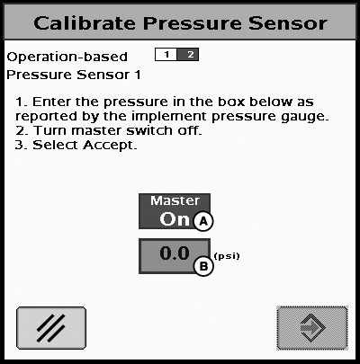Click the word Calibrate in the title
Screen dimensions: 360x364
[x=85, y=23]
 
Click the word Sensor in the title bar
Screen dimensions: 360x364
[x=288, y=23]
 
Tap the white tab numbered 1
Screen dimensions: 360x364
[x=166, y=55]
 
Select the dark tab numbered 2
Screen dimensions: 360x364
[x=188, y=55]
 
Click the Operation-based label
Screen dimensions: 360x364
[x=67, y=57]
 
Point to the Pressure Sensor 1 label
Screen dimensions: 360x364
[x=74, y=75]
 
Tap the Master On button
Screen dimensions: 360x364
[x=175, y=211]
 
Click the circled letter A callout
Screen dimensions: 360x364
[x=203, y=221]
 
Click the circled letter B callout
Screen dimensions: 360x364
[x=203, y=266]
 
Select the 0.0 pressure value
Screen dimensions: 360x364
[x=175, y=253]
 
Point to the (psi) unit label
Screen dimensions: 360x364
[x=227, y=256]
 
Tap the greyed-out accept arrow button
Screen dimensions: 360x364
[x=312, y=328]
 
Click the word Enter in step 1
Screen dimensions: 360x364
[x=52, y=102]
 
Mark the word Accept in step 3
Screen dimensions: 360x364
[x=110, y=146]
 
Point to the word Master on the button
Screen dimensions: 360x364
[x=175, y=200]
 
